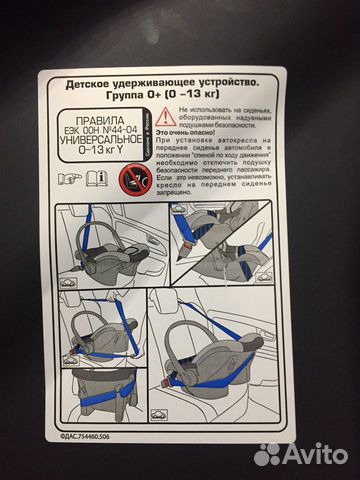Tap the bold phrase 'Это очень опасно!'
209,133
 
